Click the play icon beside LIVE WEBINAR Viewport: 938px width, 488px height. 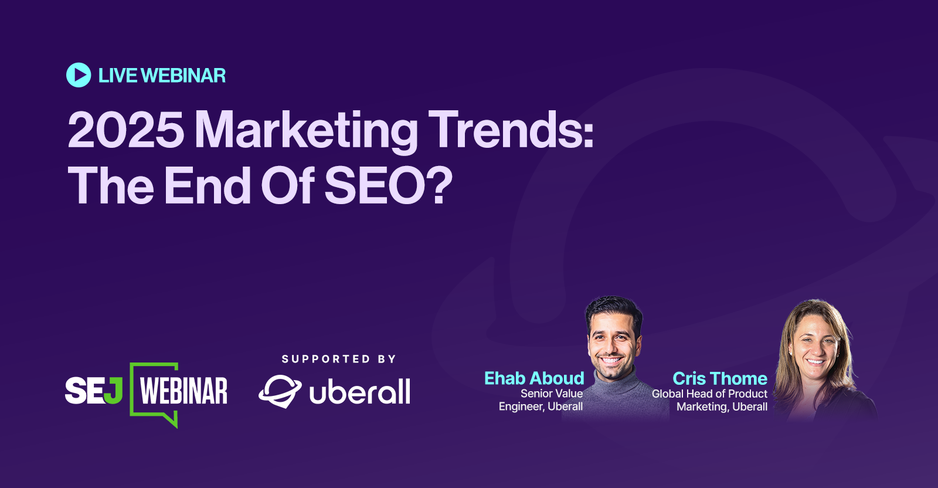[x=79, y=75]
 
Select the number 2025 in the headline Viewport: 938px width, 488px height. [x=126, y=130]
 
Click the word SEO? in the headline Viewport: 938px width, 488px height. [x=389, y=185]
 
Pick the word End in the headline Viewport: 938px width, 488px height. [x=208, y=185]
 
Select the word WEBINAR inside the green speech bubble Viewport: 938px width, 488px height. [x=183, y=392]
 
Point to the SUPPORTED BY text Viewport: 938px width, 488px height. [x=339, y=359]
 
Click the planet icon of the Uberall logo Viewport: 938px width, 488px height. [x=280, y=392]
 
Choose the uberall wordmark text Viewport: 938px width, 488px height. [x=360, y=392]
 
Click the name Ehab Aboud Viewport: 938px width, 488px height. [x=534, y=378]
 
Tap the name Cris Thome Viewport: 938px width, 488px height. [x=720, y=378]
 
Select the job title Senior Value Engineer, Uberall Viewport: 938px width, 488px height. [x=541, y=400]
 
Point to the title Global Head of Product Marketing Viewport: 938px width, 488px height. [x=709, y=400]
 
